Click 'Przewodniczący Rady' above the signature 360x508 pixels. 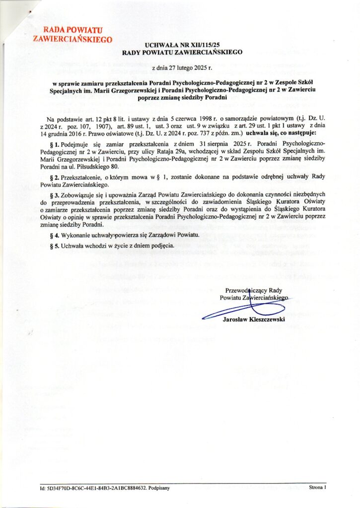tap(254, 290)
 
